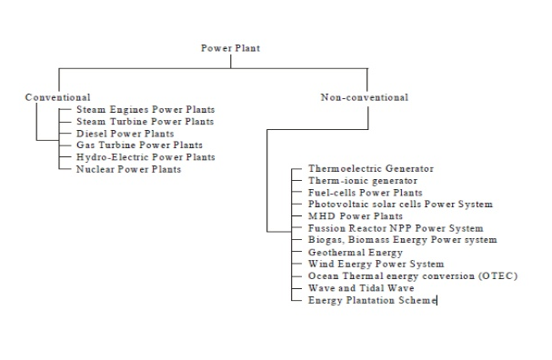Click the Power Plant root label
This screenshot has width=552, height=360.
[x=230, y=48]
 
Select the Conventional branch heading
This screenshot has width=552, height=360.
[x=57, y=97]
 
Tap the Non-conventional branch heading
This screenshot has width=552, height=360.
[x=365, y=97]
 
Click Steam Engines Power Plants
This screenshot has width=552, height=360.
[x=146, y=109]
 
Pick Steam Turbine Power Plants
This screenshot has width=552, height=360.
[x=146, y=121]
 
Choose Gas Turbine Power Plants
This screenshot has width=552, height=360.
[x=139, y=145]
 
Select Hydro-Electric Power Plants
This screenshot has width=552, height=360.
[x=146, y=156]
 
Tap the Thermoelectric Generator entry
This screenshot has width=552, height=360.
[x=371, y=169]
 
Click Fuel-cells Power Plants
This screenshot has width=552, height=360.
[x=365, y=193]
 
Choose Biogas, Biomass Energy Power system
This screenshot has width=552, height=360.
[x=402, y=240]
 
